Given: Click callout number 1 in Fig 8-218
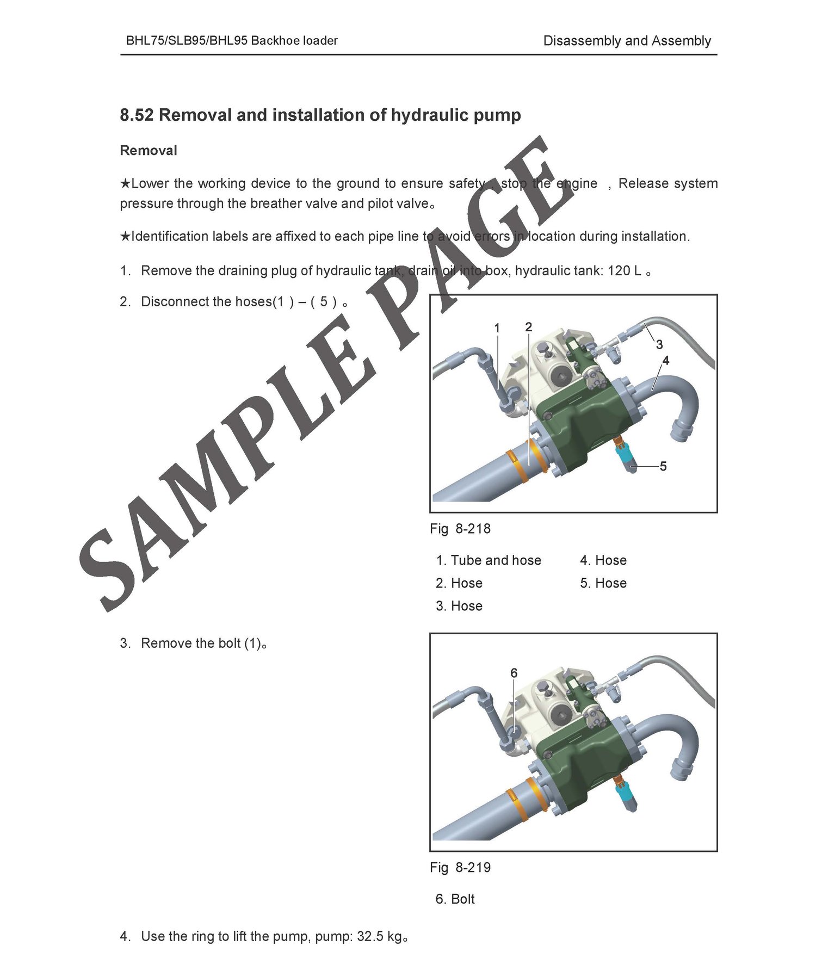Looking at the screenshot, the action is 497,328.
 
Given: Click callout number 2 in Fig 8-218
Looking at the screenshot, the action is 528,327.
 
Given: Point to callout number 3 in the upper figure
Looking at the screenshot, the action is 659,344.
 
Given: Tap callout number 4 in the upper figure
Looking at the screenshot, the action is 666,360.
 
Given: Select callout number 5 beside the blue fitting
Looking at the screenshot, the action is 663,466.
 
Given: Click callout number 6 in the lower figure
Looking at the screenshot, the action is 514,673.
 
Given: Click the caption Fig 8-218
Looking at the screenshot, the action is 460,529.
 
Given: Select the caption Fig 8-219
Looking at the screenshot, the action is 460,867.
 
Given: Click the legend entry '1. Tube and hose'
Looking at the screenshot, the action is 489,560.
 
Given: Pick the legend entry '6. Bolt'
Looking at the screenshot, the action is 455,899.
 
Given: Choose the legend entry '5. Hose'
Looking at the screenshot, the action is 603,583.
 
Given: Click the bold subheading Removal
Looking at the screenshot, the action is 149,150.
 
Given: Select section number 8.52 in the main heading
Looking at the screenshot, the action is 137,115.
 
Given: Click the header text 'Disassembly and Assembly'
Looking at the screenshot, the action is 627,41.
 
